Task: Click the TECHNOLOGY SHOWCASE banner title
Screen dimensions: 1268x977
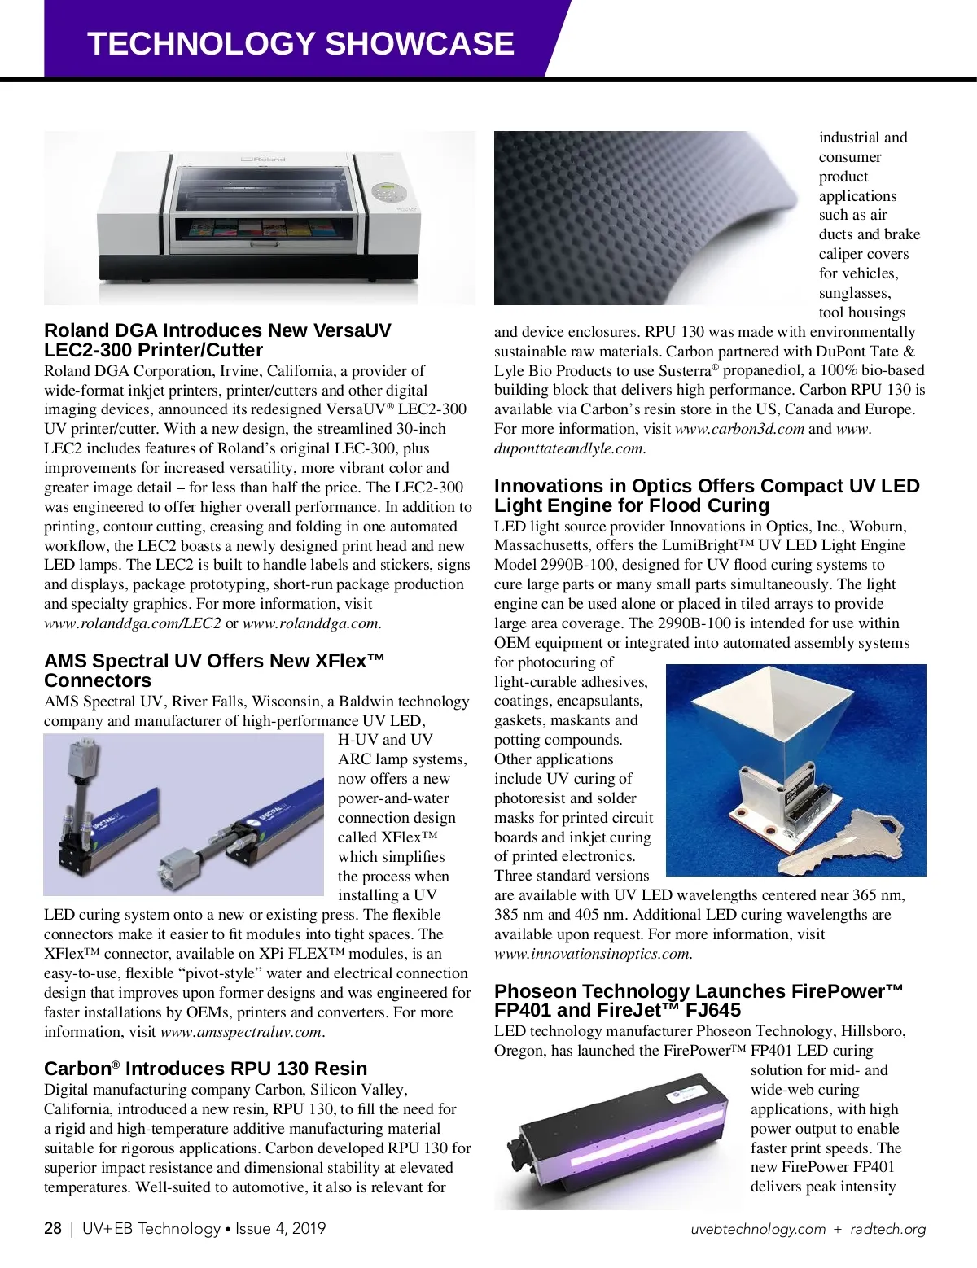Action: point(300,43)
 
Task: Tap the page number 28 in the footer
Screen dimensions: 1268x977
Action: point(53,1228)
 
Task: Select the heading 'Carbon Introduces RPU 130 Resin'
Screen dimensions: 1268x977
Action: point(205,1069)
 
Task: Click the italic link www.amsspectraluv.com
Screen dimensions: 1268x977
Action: point(241,1032)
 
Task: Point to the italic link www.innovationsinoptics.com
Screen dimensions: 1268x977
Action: point(592,954)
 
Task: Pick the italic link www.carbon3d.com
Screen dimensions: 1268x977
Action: point(739,429)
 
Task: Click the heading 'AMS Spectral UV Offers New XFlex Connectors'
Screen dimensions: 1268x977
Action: point(213,671)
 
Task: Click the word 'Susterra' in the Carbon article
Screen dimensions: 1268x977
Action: point(685,371)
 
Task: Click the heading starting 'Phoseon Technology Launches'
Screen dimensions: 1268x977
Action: point(699,1000)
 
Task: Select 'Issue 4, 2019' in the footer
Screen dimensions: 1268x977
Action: point(280,1228)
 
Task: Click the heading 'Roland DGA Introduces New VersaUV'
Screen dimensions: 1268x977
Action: point(217,340)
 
